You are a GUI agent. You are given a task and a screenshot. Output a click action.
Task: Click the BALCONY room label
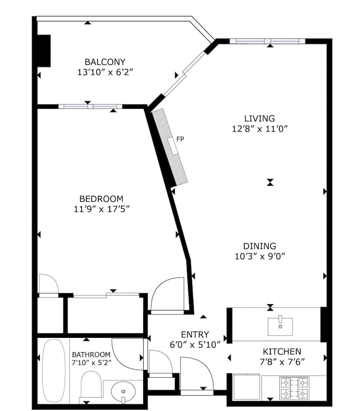pyautogui.click(x=105, y=62)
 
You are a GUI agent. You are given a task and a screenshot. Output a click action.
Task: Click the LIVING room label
pyautogui.click(x=259, y=118)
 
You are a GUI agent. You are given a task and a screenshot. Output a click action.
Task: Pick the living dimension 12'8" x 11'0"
pyautogui.click(x=259, y=129)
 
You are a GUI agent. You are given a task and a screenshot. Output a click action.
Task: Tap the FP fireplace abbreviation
pyautogui.click(x=180, y=139)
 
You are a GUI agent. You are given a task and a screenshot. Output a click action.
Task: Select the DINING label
pyautogui.click(x=259, y=246)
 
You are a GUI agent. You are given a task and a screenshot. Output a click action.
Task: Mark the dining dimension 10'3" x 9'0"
pyautogui.click(x=259, y=256)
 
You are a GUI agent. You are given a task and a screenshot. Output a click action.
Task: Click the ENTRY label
pyautogui.click(x=195, y=334)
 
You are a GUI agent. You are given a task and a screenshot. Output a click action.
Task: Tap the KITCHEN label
pyautogui.click(x=282, y=351)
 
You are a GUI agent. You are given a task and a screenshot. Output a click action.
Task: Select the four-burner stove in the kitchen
pyautogui.click(x=295, y=388)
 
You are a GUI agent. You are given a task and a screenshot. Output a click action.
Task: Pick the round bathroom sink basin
pyautogui.click(x=123, y=389)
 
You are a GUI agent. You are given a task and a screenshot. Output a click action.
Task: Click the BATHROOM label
pyautogui.click(x=91, y=354)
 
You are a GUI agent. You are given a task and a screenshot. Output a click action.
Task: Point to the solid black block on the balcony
pyautogui.click(x=44, y=51)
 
